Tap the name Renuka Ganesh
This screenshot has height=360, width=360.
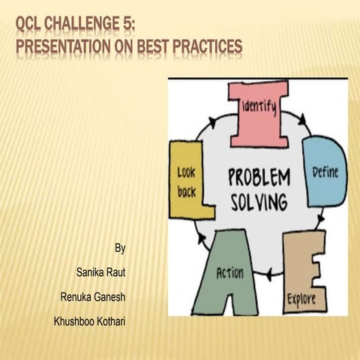93,297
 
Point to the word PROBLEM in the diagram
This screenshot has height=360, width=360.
258,178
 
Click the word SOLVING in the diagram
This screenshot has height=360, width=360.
258,202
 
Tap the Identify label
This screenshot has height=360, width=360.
258,108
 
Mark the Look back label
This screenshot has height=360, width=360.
186,181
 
